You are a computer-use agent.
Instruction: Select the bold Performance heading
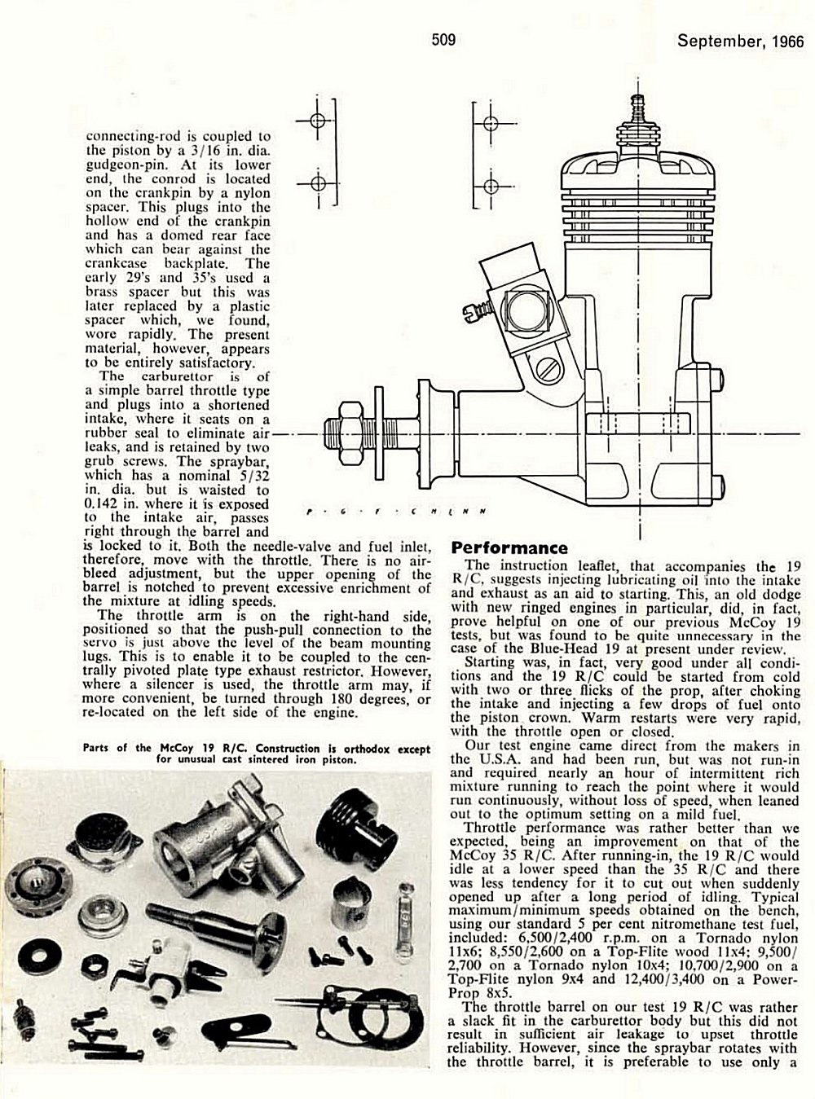click(x=509, y=548)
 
